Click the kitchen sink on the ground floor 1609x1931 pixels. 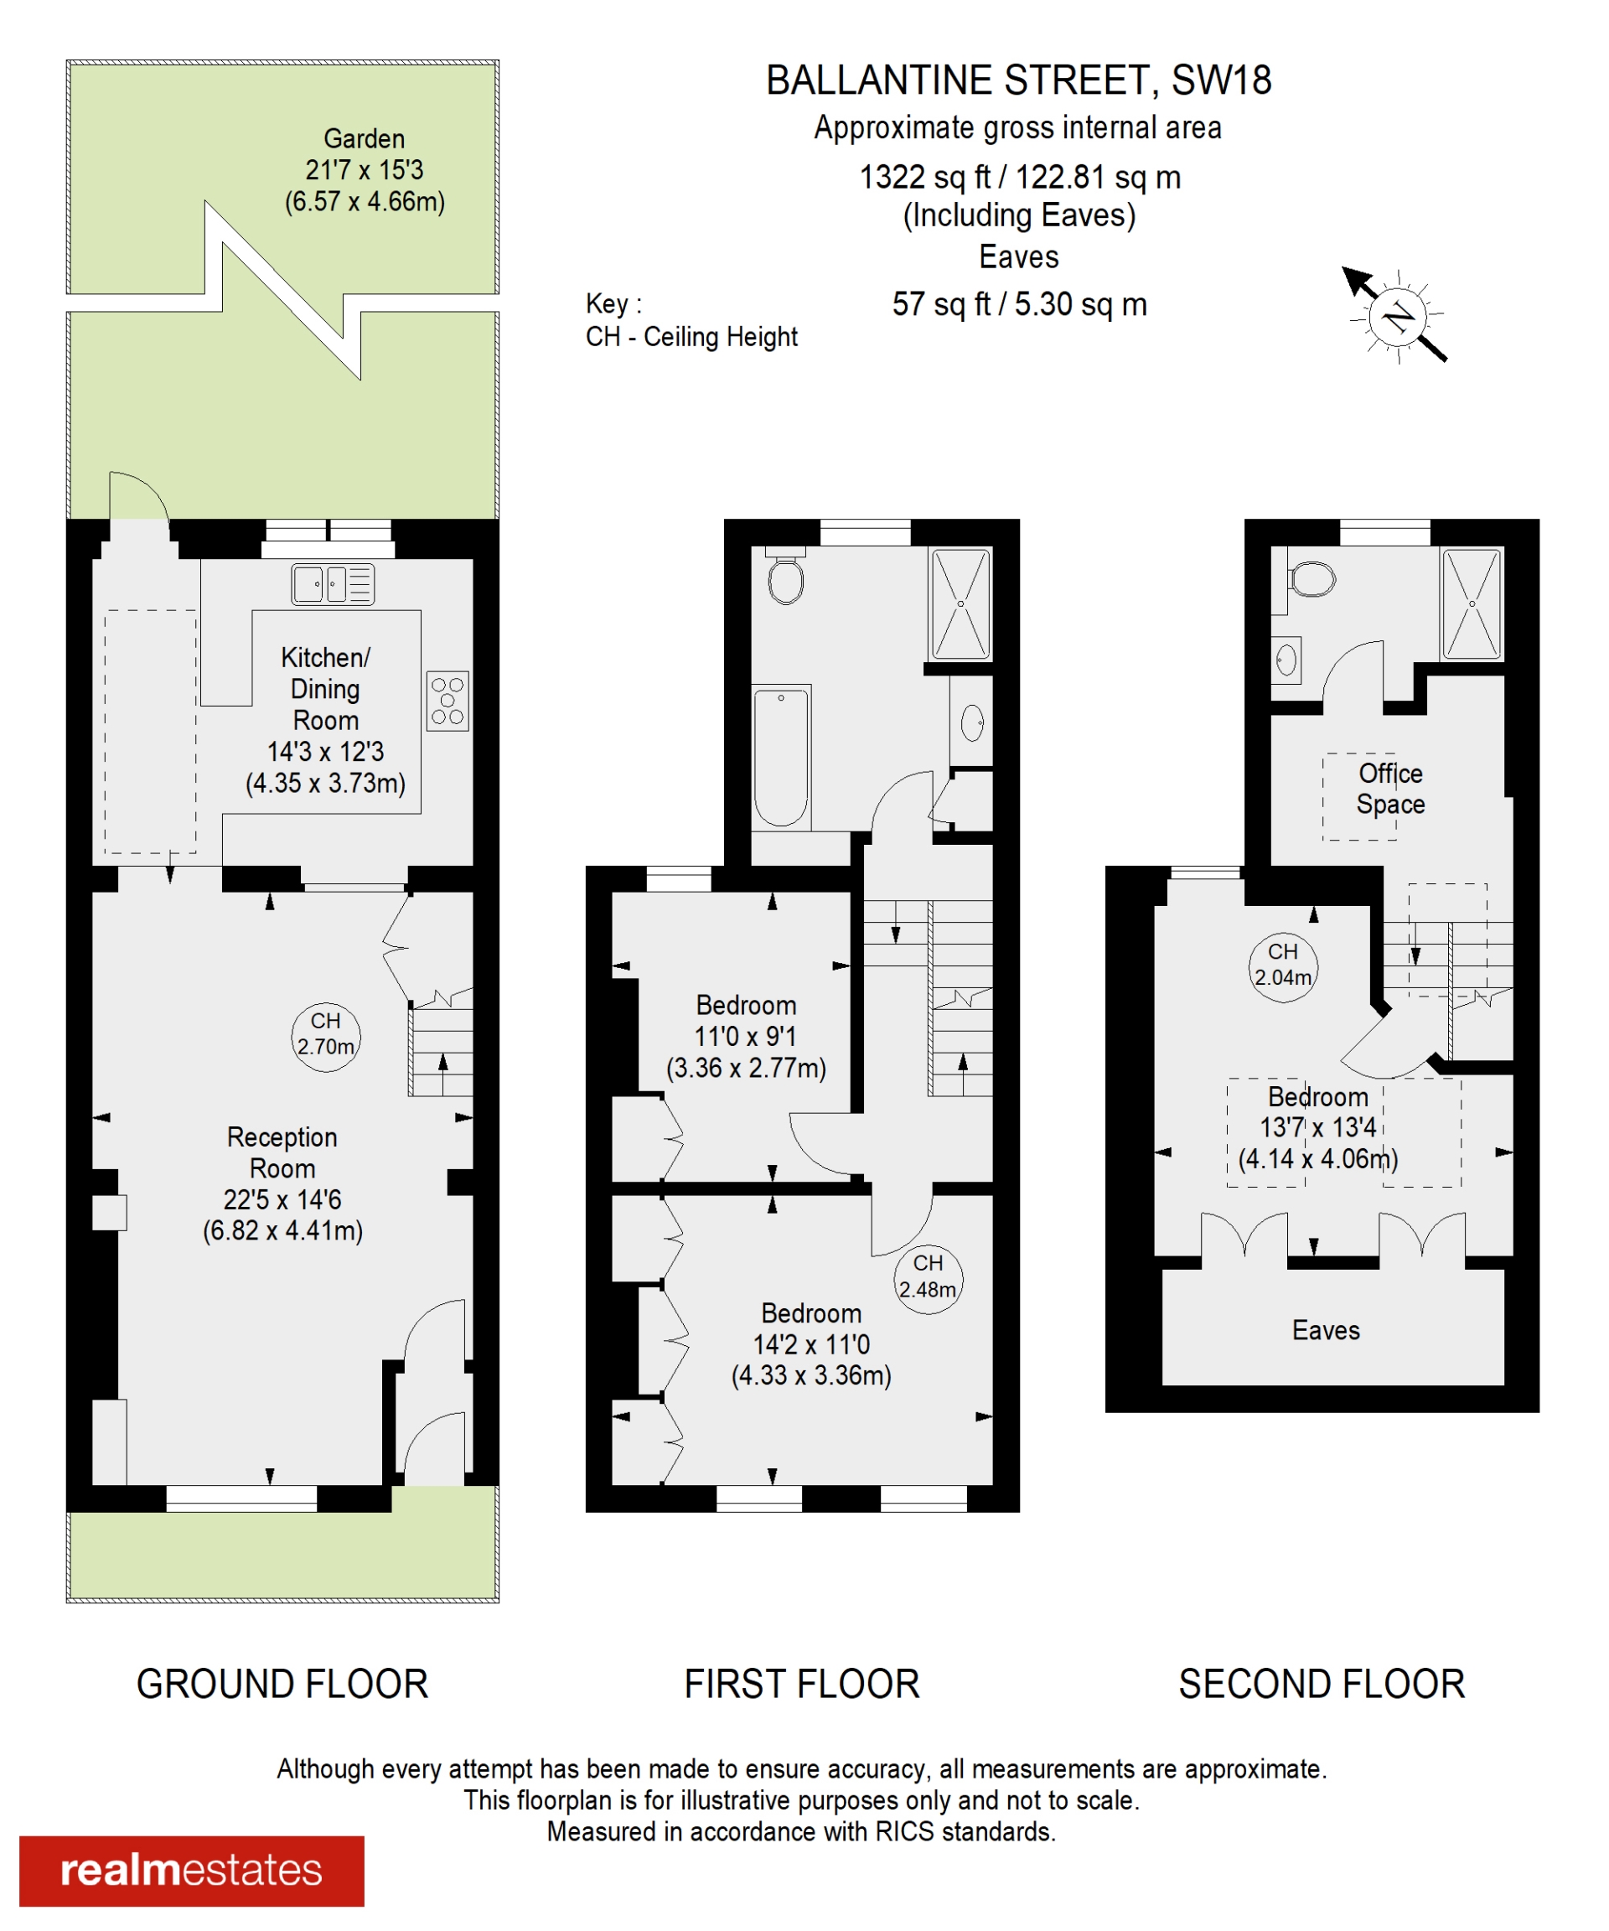[333, 584]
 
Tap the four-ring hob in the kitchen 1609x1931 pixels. [448, 701]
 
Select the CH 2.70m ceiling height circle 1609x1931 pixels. [325, 1038]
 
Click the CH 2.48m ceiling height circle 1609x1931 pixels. [929, 1279]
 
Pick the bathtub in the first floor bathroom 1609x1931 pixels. [782, 758]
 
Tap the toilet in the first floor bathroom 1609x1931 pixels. [785, 576]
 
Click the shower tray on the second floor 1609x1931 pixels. [1472, 603]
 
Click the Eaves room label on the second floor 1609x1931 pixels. [1326, 1331]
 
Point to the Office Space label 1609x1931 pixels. [1390, 789]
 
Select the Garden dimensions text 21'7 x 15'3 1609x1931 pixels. [364, 170]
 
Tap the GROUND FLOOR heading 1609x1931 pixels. [282, 1685]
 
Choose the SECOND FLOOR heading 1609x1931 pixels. [1322, 1685]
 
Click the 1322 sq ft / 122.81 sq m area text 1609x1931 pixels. [1020, 177]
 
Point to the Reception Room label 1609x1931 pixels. [282, 1153]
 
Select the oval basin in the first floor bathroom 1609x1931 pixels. [972, 722]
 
